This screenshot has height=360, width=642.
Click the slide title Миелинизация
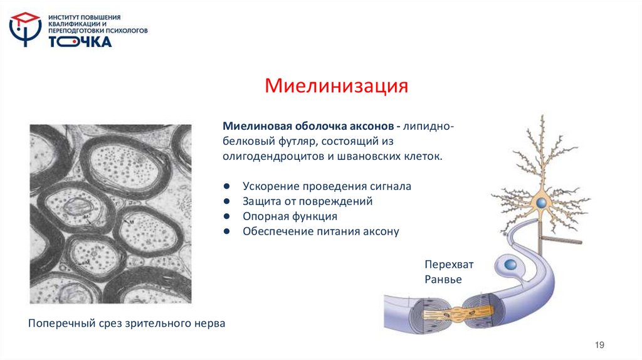click(x=336, y=85)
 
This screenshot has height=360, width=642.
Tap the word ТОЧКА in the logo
click(x=80, y=42)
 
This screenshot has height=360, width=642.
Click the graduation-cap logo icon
click(x=26, y=29)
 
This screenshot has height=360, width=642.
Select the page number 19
click(x=601, y=345)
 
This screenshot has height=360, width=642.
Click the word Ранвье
click(x=443, y=280)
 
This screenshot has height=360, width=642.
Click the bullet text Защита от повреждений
click(x=307, y=201)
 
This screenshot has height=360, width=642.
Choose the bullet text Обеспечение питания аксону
click(x=320, y=231)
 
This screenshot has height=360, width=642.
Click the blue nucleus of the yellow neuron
click(x=540, y=203)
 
